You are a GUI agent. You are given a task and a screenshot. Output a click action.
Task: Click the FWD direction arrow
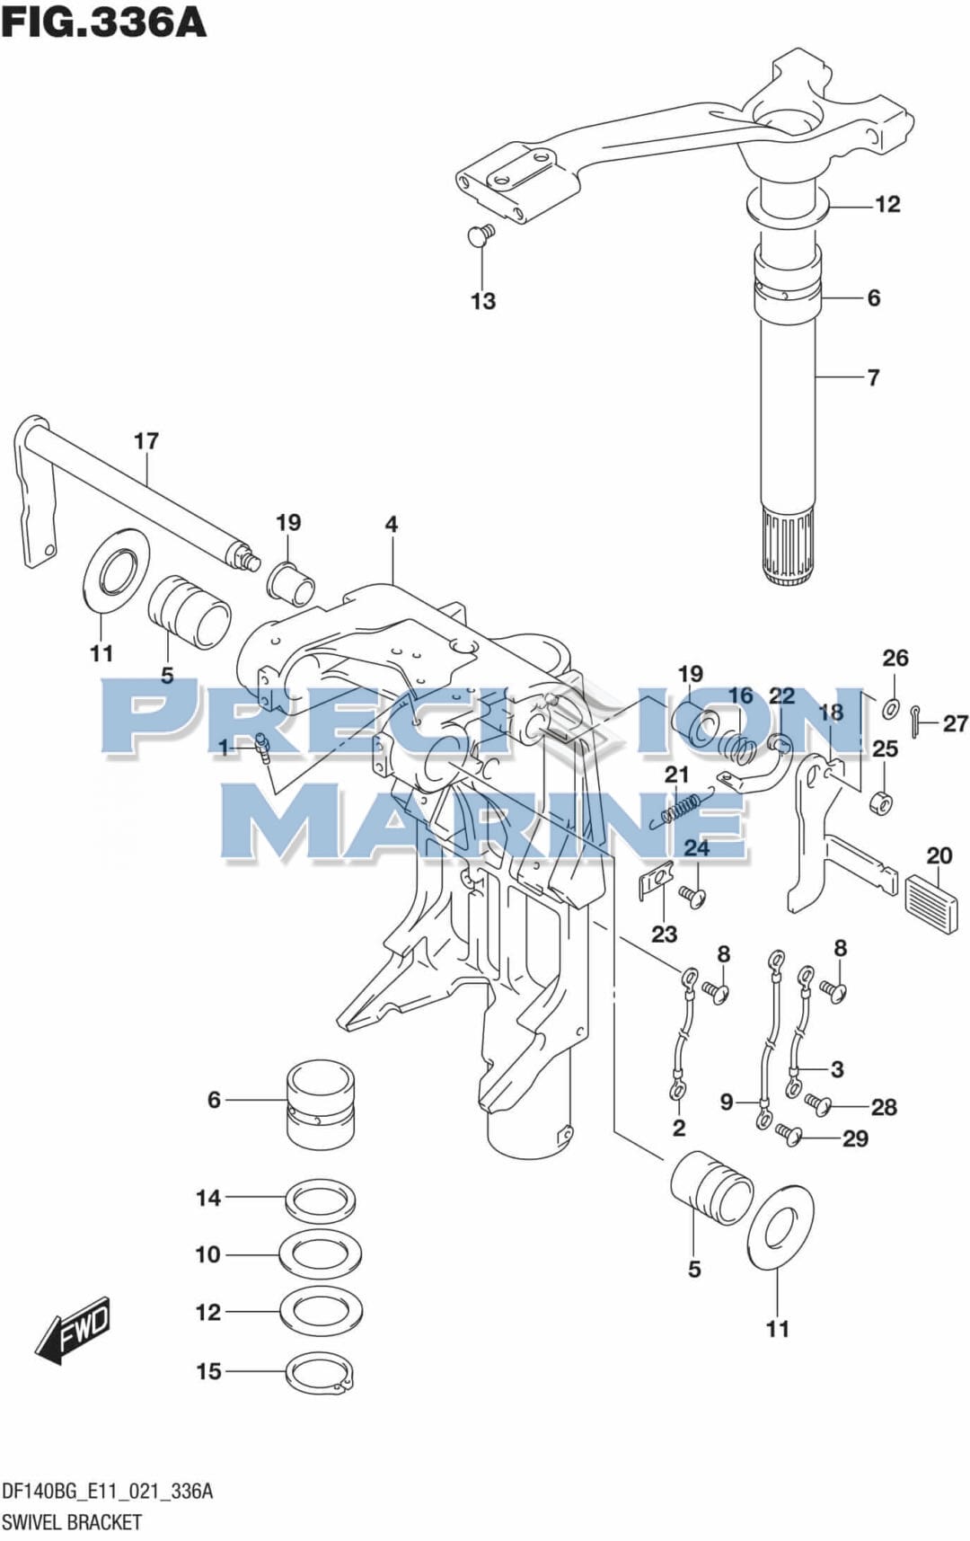pyautogui.click(x=74, y=1329)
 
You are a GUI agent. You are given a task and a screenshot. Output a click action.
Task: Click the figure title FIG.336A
pyautogui.click(x=103, y=22)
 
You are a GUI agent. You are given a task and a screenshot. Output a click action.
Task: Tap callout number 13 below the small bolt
pyautogui.click(x=483, y=301)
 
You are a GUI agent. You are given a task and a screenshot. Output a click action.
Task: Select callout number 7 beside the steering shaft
pyautogui.click(x=873, y=377)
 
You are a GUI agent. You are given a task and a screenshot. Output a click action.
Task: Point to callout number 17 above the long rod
pyautogui.click(x=146, y=441)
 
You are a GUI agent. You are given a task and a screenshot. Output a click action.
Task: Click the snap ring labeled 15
pyautogui.click(x=320, y=1373)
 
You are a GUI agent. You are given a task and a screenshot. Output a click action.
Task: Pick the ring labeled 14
pyautogui.click(x=320, y=1198)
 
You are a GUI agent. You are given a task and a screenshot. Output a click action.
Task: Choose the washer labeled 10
pyautogui.click(x=320, y=1254)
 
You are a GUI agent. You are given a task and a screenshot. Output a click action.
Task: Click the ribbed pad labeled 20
pyautogui.click(x=935, y=903)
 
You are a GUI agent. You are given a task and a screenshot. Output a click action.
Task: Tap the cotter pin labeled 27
pyautogui.click(x=915, y=721)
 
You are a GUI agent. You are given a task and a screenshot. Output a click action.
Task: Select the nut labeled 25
pyautogui.click(x=883, y=801)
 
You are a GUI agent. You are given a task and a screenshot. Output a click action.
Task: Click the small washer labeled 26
pyautogui.click(x=890, y=708)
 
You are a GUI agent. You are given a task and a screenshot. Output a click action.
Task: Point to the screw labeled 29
pyautogui.click(x=789, y=1135)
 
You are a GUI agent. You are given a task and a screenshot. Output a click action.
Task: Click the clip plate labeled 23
pyautogui.click(x=657, y=881)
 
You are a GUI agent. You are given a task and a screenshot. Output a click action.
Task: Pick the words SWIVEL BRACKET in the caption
pyautogui.click(x=72, y=1522)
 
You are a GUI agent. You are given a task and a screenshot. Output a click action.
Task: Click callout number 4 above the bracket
pyautogui.click(x=392, y=524)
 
